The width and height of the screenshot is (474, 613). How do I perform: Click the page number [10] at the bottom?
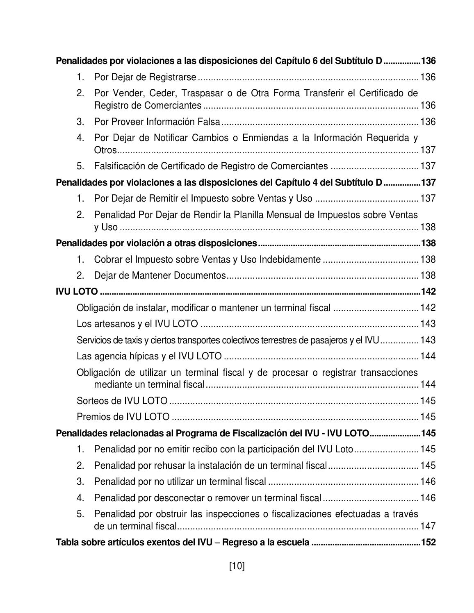(x=237, y=566)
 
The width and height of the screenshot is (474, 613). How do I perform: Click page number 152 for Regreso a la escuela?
(x=428, y=543)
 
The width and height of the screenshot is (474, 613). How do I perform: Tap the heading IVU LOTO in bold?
(x=77, y=292)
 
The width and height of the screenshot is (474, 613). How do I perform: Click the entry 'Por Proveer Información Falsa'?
(x=157, y=122)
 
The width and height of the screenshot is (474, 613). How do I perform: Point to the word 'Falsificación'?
(x=119, y=166)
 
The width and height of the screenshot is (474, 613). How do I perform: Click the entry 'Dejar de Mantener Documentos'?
(x=160, y=275)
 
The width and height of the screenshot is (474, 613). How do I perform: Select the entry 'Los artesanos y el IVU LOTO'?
(x=137, y=324)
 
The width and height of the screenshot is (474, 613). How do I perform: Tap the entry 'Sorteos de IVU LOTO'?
(x=122, y=400)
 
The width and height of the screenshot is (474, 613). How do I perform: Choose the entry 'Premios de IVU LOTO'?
(x=123, y=417)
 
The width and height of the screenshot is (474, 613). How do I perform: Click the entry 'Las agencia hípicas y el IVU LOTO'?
(x=149, y=356)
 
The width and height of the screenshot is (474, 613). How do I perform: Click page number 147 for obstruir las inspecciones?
(x=428, y=526)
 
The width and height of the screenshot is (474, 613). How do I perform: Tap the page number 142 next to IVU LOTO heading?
(x=428, y=292)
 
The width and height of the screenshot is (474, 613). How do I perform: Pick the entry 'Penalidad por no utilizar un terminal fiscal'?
(x=180, y=481)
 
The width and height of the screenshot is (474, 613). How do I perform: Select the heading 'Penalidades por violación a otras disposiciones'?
(x=156, y=243)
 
